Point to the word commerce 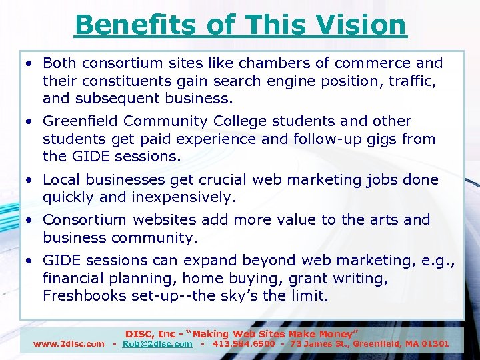[x=380, y=63]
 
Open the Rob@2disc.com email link [x=157, y=344]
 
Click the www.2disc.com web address [x=69, y=344]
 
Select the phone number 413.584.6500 [x=244, y=344]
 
